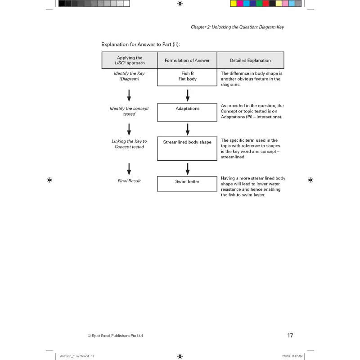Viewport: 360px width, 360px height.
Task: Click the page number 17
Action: tap(290, 335)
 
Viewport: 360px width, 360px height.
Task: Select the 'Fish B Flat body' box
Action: tap(187, 76)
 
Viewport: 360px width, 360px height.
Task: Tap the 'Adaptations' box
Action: tap(187, 112)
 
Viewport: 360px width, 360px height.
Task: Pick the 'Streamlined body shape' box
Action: tap(187, 148)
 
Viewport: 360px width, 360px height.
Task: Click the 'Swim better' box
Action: tap(187, 184)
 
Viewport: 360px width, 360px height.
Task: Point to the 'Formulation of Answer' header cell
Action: tap(187, 60)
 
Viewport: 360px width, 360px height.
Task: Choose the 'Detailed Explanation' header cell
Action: tap(250, 60)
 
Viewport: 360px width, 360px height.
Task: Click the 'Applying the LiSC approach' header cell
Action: tap(130, 60)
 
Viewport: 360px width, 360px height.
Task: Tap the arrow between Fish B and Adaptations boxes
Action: tap(188, 95)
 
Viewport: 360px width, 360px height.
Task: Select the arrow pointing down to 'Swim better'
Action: tap(188, 168)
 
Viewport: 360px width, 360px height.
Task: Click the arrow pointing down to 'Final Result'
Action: tap(129, 168)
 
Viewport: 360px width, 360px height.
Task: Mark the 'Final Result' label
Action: tap(129, 181)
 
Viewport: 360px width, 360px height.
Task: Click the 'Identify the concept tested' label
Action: tap(129, 111)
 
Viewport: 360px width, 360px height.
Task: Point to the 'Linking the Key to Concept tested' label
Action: tap(129, 144)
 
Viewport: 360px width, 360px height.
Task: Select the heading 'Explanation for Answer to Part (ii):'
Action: tap(140, 44)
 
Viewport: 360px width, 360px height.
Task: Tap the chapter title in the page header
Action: tap(237, 27)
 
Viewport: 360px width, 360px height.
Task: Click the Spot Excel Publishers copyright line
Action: tap(115, 336)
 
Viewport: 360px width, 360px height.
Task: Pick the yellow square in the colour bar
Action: tap(234, 4)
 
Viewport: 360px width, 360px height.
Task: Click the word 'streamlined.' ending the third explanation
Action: tap(233, 157)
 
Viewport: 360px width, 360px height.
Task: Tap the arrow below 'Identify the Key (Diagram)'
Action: tap(129, 95)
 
